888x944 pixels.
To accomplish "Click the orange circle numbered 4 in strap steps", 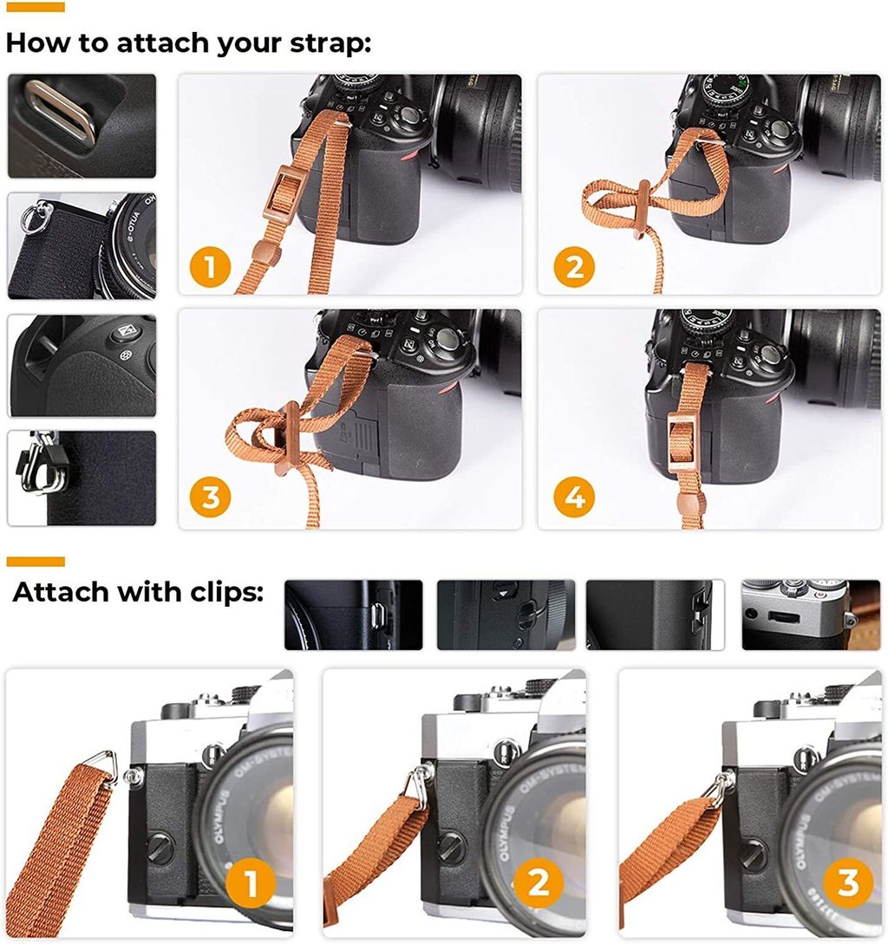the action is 574,498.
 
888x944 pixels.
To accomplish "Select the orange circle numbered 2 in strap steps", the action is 574,267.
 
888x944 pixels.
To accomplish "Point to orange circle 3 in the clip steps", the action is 848,883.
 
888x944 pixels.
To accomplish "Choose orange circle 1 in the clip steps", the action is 251,884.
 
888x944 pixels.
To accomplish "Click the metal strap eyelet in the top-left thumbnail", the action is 61,109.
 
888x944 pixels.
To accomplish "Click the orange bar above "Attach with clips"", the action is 36,562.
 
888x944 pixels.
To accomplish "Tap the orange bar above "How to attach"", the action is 36,7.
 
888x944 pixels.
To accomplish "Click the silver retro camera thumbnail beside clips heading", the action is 811,615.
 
